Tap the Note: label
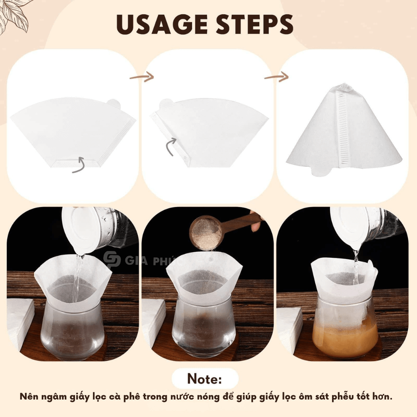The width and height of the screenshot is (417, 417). click(205, 378)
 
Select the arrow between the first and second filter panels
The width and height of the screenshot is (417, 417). click(142, 77)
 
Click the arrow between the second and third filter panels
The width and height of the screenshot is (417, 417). click(276, 77)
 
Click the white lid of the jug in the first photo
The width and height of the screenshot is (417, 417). click(77, 229)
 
